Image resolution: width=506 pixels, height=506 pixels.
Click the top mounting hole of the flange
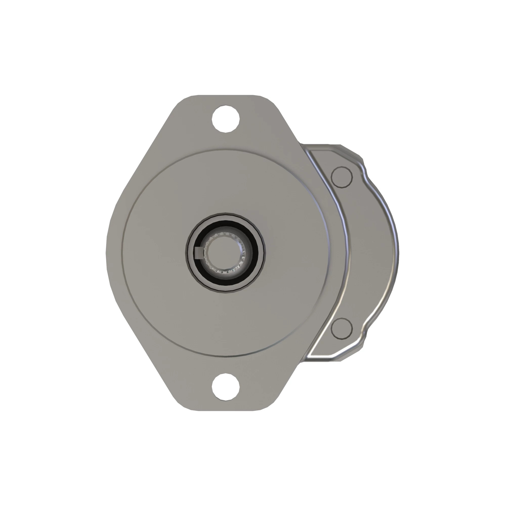[225, 119]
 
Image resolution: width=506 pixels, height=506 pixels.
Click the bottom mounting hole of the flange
[225, 387]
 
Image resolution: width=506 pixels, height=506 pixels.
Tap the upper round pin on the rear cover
[342, 177]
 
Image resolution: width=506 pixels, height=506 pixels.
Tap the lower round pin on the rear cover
[342, 329]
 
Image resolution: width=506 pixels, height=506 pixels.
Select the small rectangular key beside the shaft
[199, 253]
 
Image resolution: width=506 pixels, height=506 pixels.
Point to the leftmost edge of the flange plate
[107, 253]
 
